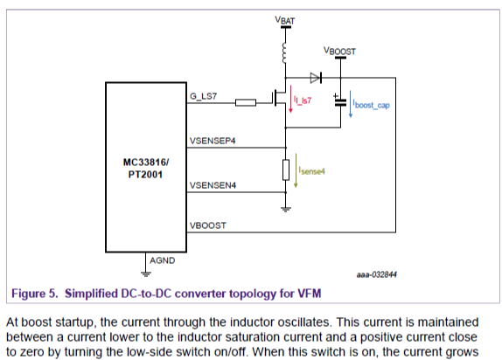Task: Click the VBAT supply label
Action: (x=286, y=18)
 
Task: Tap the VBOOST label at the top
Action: (x=339, y=52)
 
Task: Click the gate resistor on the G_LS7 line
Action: (x=246, y=103)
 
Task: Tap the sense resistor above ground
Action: (x=286, y=170)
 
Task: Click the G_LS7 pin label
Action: (x=204, y=96)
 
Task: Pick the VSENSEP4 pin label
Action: (x=213, y=141)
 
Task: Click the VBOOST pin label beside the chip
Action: (x=207, y=225)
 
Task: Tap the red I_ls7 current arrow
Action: (x=293, y=104)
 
